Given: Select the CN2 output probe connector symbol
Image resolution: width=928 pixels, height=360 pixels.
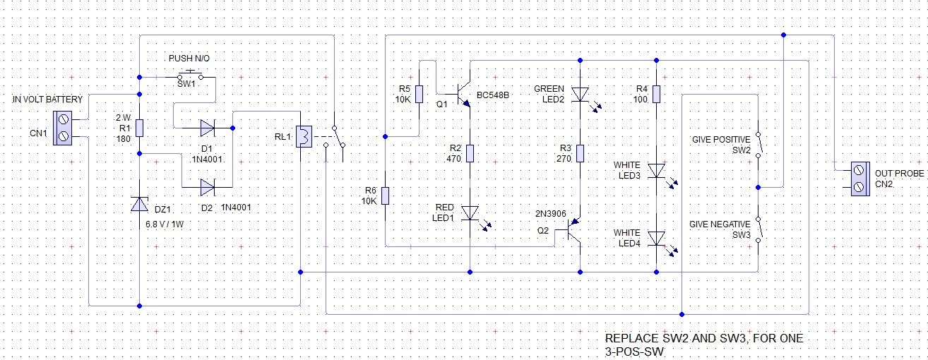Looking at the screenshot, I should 859,178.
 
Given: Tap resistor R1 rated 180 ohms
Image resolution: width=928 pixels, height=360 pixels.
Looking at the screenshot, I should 139,128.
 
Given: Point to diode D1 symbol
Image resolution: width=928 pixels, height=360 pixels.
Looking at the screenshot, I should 208,128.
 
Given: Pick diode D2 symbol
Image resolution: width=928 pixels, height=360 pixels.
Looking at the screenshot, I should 208,188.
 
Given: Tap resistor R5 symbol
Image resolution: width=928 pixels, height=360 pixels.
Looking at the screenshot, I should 420,94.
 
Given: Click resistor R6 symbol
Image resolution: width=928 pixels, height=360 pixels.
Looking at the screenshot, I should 385,196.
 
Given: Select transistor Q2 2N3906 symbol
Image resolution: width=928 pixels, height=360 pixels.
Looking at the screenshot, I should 574,231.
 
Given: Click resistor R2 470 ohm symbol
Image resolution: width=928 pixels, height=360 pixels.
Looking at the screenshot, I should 470,153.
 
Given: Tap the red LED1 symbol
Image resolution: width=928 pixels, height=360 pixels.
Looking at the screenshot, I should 470,213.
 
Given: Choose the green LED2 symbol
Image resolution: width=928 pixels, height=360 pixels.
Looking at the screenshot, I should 579,94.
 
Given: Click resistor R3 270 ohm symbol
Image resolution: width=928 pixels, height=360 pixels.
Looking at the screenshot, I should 579,153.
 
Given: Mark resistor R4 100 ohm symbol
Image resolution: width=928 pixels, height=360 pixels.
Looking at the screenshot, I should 656,94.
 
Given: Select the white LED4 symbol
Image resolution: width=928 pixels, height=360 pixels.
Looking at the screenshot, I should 656,239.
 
